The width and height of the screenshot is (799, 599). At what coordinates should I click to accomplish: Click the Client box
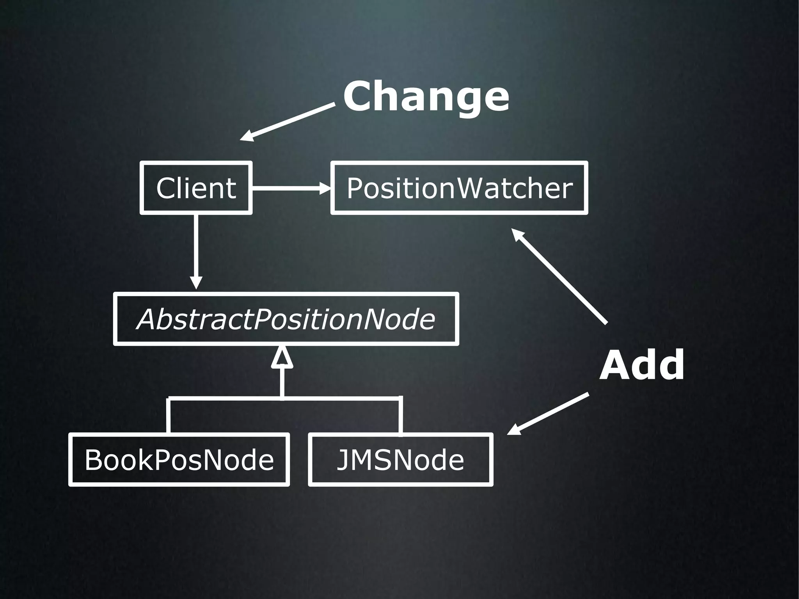point(196,188)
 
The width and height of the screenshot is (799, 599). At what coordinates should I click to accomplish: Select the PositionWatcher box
point(459,188)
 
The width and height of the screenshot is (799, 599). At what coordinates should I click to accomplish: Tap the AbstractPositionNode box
point(286,319)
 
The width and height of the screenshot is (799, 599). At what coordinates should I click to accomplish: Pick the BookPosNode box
point(179,459)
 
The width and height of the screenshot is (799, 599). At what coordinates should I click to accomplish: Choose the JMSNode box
point(401,459)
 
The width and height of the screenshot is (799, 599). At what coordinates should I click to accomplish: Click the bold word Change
point(426,96)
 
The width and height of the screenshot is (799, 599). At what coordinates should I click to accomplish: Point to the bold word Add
point(642,365)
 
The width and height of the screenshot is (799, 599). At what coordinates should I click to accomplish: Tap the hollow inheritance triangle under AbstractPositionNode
point(282,357)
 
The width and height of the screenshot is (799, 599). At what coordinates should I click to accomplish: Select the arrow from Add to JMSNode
point(548,414)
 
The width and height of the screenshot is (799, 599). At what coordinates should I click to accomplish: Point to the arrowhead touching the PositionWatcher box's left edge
point(325,188)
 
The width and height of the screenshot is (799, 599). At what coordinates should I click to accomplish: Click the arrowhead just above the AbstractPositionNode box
point(196,283)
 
